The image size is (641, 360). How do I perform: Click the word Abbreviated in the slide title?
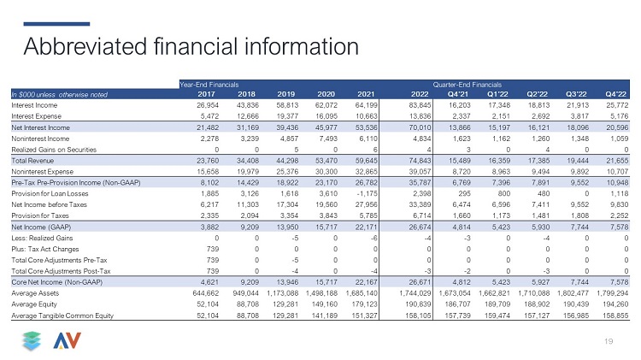(85, 46)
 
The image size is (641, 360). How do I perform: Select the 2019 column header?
(285, 94)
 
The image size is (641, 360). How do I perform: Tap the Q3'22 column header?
(576, 94)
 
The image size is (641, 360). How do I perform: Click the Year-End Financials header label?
(209, 85)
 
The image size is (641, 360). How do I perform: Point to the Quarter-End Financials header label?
(468, 85)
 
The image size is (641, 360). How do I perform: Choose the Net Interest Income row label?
(40, 127)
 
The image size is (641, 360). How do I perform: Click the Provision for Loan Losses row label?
(50, 193)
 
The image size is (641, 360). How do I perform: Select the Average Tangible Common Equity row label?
(62, 316)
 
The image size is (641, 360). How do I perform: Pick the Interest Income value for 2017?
(208, 105)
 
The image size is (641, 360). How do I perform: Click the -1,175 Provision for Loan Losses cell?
(367, 193)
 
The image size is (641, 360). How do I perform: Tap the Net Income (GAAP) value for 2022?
(420, 227)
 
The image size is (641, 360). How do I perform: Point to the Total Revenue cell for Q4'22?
(617, 161)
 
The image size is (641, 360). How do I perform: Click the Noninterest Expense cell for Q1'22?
(499, 172)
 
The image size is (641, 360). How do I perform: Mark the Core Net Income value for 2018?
(248, 282)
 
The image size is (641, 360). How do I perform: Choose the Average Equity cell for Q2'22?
(537, 304)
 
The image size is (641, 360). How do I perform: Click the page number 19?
(609, 341)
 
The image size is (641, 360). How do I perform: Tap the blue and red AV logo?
(67, 341)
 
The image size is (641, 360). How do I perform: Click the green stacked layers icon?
(32, 341)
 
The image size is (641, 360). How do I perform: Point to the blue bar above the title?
(56, 24)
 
